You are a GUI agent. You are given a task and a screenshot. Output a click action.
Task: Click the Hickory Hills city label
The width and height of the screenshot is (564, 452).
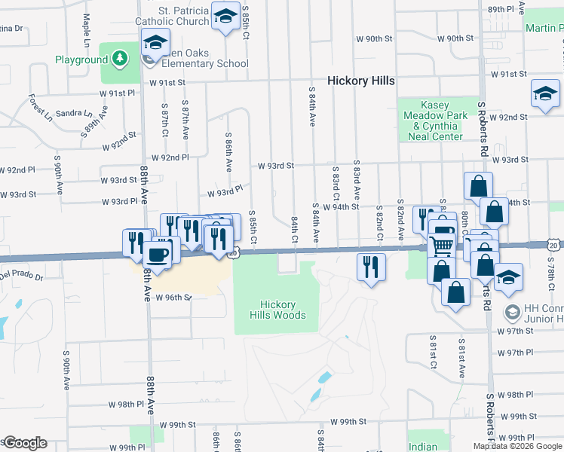click(361, 81)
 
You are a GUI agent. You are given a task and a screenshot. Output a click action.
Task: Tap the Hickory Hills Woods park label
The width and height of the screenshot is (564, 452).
click(278, 310)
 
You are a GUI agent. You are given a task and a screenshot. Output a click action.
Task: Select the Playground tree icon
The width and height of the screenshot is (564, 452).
click(119, 58)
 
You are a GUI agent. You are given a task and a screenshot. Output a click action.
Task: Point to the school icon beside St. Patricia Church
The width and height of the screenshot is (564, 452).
click(225, 17)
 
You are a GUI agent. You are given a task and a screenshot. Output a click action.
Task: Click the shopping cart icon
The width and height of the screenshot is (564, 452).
click(441, 245)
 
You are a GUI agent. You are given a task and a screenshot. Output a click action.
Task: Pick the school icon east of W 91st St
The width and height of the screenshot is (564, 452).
click(544, 95)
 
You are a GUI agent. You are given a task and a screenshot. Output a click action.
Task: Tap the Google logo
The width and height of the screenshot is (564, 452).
click(24, 443)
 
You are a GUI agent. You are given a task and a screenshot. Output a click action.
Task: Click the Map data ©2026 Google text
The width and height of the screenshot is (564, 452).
click(517, 445)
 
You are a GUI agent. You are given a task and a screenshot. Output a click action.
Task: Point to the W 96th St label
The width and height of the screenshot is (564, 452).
click(174, 298)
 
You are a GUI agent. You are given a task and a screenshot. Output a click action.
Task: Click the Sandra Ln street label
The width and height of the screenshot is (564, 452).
click(74, 113)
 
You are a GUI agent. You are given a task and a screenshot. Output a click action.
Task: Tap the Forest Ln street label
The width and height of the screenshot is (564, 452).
click(41, 107)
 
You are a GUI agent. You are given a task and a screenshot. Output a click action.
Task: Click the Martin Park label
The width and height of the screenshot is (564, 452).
click(544, 29)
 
